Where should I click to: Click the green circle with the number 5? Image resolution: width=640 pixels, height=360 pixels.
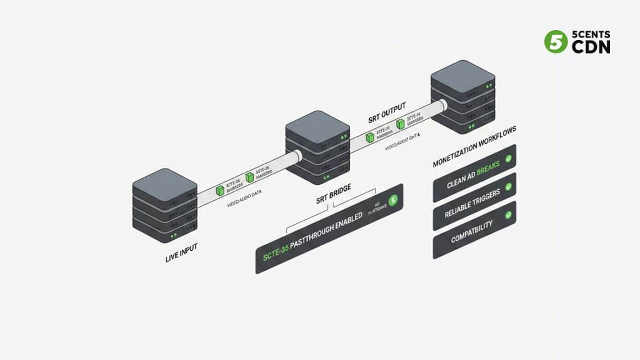point(555,41)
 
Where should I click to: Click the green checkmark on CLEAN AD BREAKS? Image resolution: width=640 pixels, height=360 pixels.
point(508,161)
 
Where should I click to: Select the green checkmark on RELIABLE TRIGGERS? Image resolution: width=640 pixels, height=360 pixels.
point(508,187)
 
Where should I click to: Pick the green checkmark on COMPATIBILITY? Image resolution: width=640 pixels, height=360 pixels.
point(508,215)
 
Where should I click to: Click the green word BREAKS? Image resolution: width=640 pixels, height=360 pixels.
point(489,169)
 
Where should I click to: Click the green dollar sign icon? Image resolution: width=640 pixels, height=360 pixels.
point(393,201)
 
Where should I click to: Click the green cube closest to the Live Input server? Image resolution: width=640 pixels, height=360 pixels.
point(219,190)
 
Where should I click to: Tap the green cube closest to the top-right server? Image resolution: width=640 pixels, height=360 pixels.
point(400,124)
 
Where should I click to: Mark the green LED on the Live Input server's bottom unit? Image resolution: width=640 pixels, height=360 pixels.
point(174,236)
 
